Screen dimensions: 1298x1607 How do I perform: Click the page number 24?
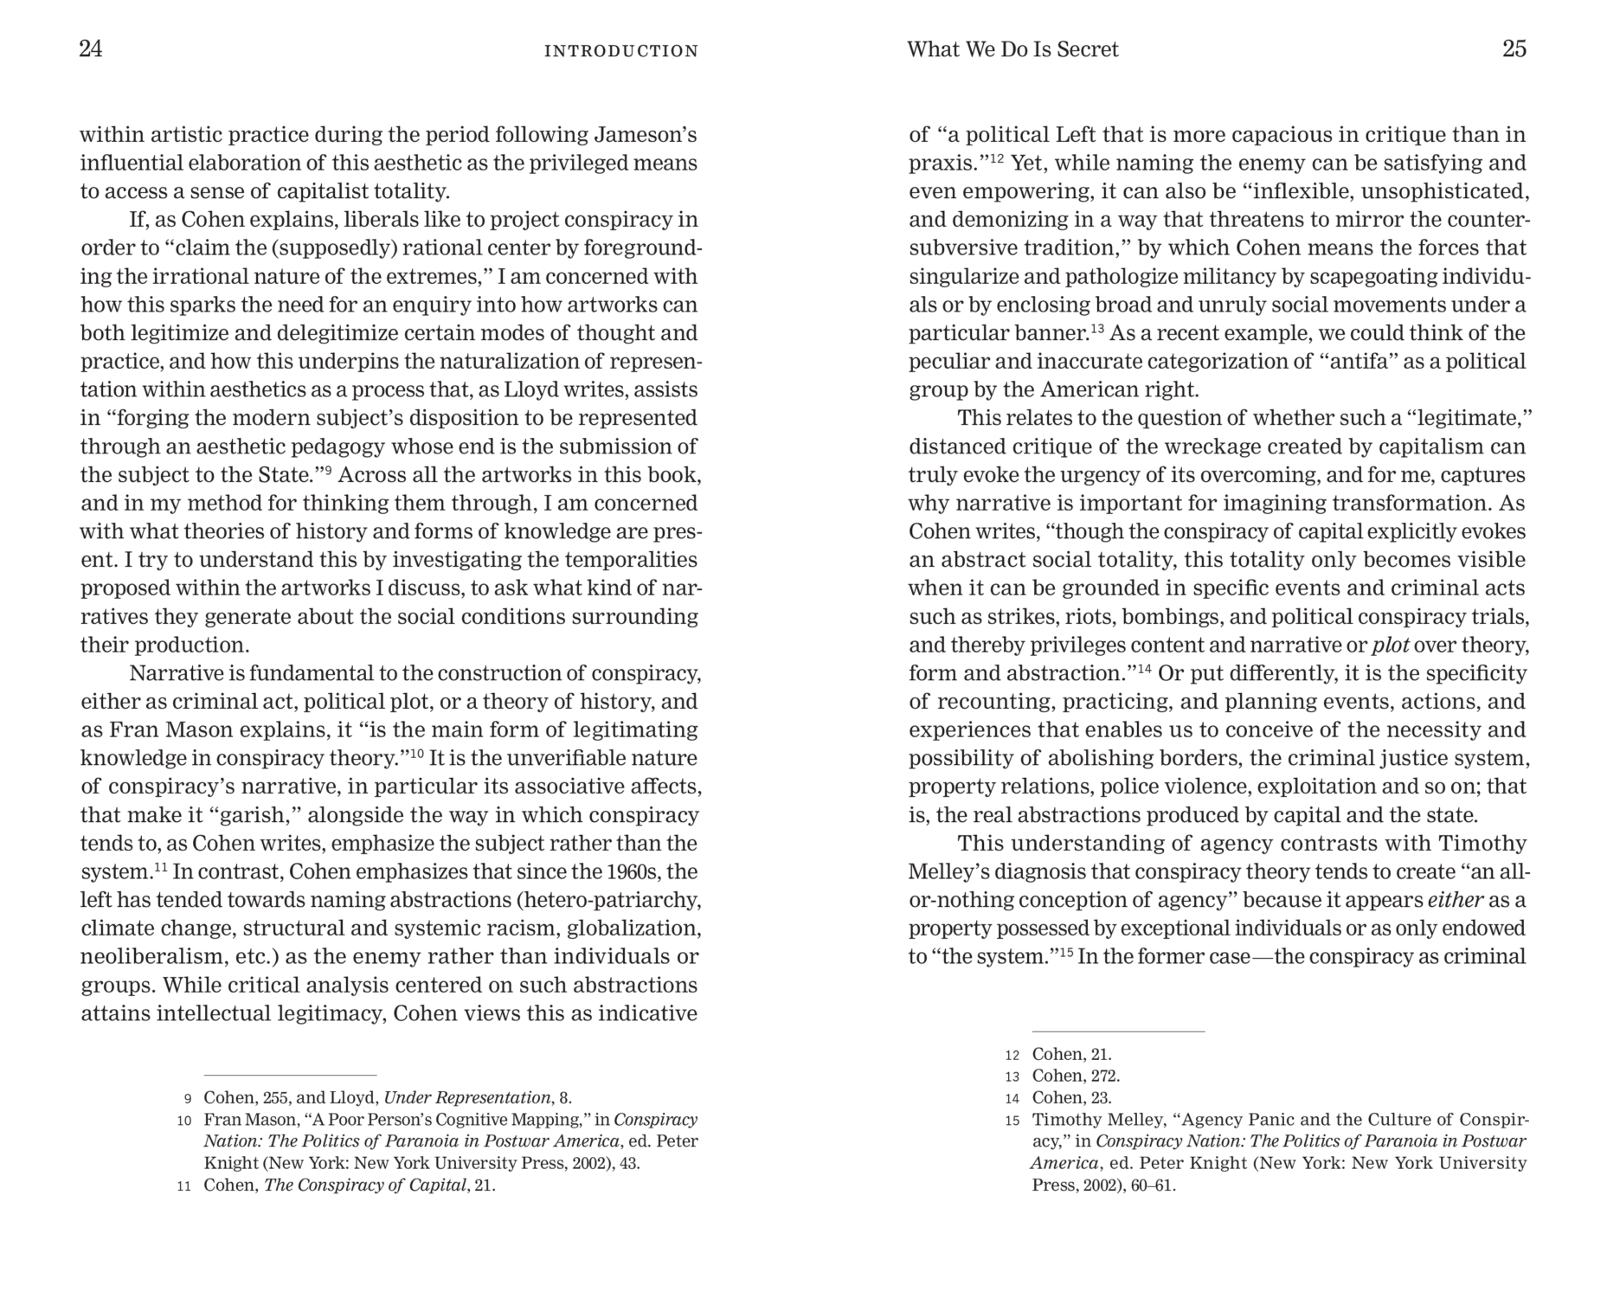point(91,49)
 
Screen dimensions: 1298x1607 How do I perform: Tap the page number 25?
point(1514,49)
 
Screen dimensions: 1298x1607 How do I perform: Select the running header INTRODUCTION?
point(620,51)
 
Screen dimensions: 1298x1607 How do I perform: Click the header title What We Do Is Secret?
point(1012,49)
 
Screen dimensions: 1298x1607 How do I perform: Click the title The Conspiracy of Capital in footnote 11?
point(364,1186)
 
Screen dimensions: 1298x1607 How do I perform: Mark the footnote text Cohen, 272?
point(1076,1076)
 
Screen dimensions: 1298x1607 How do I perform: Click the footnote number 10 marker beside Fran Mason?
point(183,1121)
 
